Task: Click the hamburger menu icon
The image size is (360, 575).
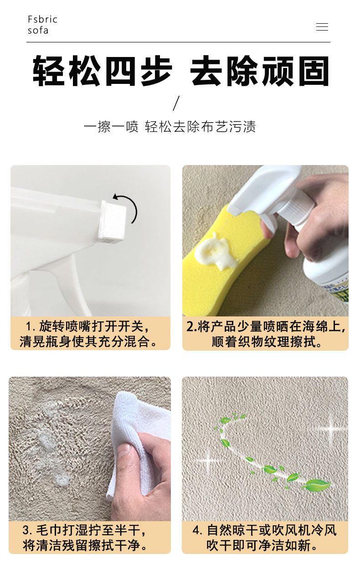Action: (x=322, y=27)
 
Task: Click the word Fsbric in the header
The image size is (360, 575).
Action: (x=42, y=20)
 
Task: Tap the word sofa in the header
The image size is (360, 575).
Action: (x=38, y=31)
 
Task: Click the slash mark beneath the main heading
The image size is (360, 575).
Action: (x=177, y=103)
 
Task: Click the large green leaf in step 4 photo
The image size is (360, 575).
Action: (x=316, y=485)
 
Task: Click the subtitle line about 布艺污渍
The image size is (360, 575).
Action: (x=170, y=126)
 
